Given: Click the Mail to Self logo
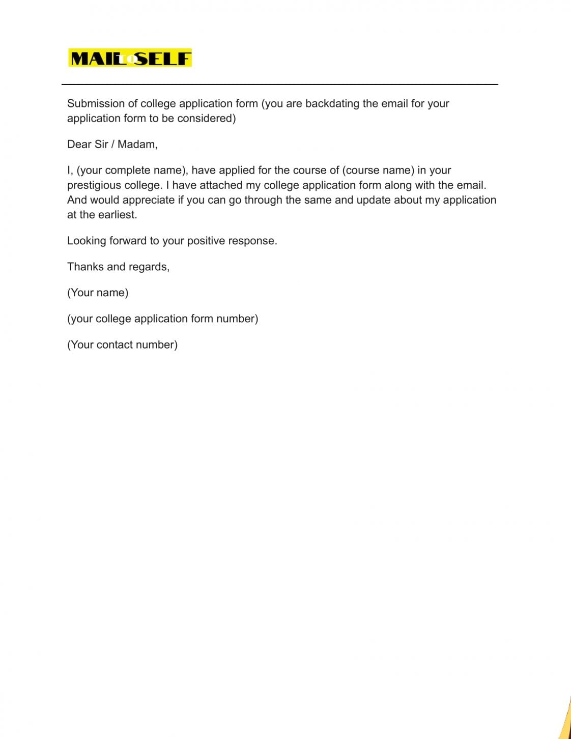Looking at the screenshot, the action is point(130,58).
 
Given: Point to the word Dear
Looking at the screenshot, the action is point(79,144).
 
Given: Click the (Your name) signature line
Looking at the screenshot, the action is point(98,292).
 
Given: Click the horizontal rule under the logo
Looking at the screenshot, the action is point(280,84).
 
